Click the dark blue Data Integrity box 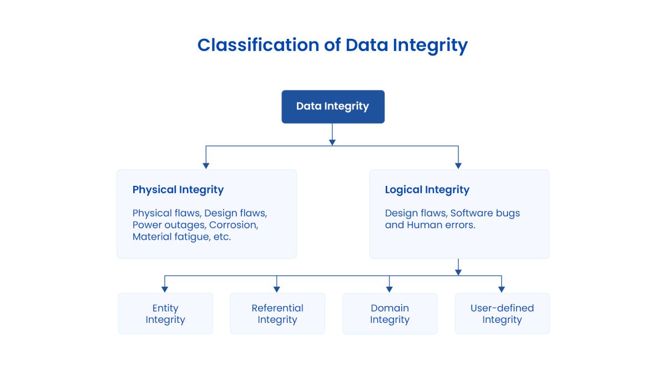(x=332, y=107)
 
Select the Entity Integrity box (x=165, y=313)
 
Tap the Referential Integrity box (x=277, y=313)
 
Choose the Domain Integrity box (x=390, y=313)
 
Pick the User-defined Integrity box (x=502, y=313)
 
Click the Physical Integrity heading (x=178, y=190)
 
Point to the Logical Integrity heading (x=427, y=190)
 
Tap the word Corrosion (x=234, y=225)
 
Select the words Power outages (x=168, y=225)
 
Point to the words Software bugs (x=485, y=213)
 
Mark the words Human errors (x=441, y=225)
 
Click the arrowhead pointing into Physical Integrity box (x=206, y=165)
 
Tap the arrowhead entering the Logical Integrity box (x=458, y=165)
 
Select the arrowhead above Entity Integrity (x=165, y=288)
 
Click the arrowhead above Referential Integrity (x=277, y=288)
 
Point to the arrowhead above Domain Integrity (x=389, y=288)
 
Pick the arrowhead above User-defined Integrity (x=501, y=288)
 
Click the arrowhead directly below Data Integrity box (x=332, y=142)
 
